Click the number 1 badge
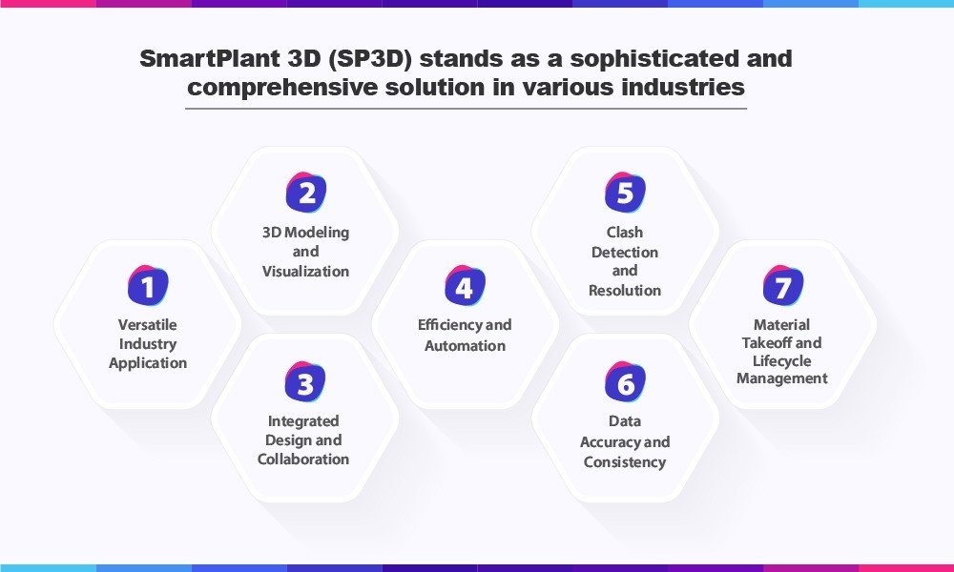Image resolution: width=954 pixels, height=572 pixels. coord(148,285)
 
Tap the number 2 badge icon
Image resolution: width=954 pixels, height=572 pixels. coord(306,192)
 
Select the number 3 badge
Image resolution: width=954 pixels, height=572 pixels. coord(305,381)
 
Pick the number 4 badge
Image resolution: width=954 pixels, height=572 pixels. coord(465,285)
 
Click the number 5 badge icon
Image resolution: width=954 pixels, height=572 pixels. coord(625,192)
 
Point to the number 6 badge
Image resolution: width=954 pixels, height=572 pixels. coord(625,381)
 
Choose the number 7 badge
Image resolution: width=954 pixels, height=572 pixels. coord(783,285)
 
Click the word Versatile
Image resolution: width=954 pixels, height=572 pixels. coord(147,324)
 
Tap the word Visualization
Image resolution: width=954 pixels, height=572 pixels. coord(305,271)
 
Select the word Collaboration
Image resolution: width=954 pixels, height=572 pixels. coord(303,459)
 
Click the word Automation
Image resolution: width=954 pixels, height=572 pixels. coord(465,346)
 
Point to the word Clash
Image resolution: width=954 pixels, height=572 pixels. coord(625,233)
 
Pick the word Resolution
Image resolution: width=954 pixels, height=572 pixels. coord(625,291)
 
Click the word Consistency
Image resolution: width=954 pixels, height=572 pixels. coord(625,462)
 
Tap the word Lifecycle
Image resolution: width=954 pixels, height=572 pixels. coord(782,361)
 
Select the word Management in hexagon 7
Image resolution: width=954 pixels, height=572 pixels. coord(782,378)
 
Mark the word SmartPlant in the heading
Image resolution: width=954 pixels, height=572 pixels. coord(208,59)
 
